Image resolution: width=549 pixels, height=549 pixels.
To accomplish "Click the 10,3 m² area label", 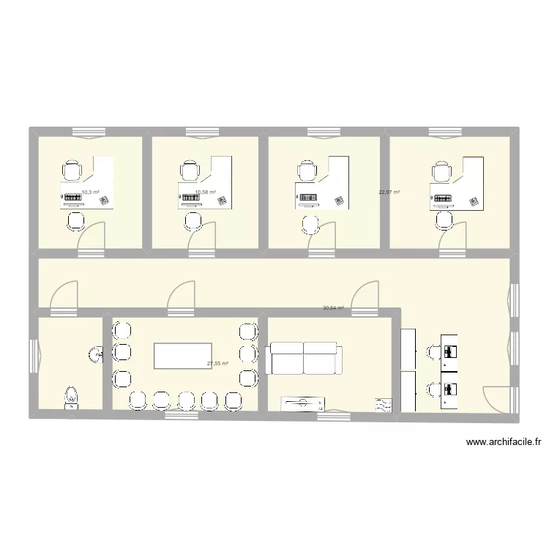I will pyautogui.click(x=90, y=192).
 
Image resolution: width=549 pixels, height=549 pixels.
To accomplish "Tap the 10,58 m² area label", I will pyautogui.click(x=206, y=193).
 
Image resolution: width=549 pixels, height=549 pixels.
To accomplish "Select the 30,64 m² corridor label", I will pyautogui.click(x=333, y=308).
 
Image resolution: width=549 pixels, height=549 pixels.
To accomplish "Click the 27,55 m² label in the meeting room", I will pyautogui.click(x=218, y=363).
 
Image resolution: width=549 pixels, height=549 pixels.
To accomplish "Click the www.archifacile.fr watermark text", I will pyautogui.click(x=503, y=441).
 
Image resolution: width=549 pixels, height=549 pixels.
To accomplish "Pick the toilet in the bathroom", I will pyautogui.click(x=71, y=396).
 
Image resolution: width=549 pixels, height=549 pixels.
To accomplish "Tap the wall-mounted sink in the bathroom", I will pyautogui.click(x=96, y=355).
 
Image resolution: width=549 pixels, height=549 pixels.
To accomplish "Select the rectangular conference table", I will pyautogui.click(x=181, y=356).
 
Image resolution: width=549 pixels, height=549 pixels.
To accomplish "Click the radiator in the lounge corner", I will pyautogui.click(x=384, y=404).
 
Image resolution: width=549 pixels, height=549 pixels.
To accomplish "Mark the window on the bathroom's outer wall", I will pyautogui.click(x=32, y=356).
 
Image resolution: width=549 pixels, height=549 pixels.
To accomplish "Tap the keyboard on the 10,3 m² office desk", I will pyautogui.click(x=72, y=198).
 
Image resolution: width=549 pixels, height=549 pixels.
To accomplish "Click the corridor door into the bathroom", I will pyautogui.click(x=62, y=296).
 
